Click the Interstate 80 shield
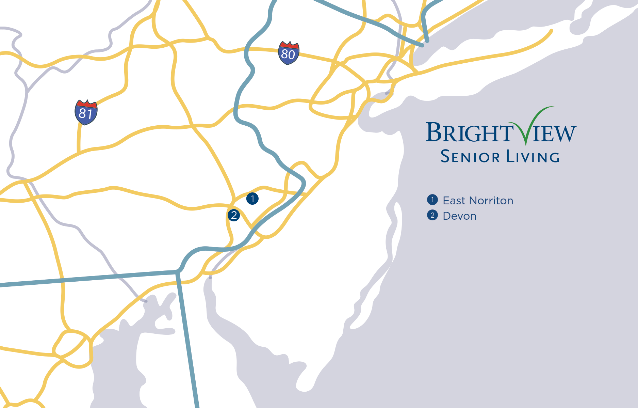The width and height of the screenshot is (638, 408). point(289,53)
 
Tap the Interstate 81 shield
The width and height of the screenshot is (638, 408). point(86,112)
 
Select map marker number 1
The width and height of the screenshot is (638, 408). point(252,198)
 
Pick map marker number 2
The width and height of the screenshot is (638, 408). point(234,215)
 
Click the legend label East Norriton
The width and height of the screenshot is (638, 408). point(478,201)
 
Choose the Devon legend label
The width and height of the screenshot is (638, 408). point(459,216)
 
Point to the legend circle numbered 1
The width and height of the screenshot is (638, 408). point(432,200)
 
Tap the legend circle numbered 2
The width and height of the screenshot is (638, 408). point(432,215)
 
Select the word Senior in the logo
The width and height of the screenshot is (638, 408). point(470,157)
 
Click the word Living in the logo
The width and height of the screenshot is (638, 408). point(533,157)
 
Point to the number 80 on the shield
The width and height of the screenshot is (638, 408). point(288,54)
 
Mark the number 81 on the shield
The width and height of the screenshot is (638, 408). point(85,113)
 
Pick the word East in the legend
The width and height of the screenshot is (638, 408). point(454,201)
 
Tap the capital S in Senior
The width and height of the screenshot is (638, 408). point(445,157)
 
